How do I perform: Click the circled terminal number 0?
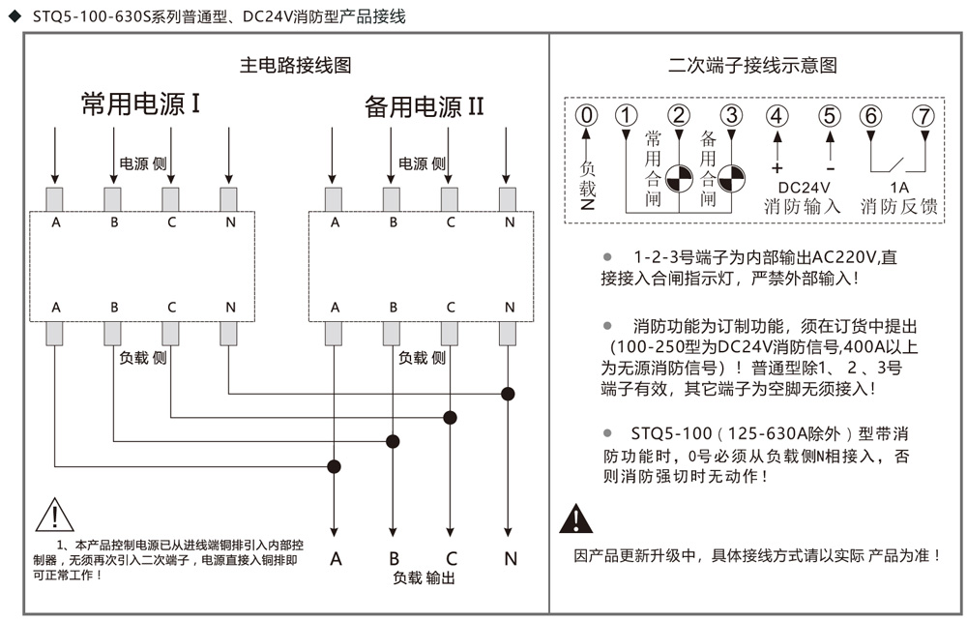[587, 115]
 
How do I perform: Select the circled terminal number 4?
[777, 115]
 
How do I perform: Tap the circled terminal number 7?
[923, 115]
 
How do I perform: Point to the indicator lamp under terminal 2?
[679, 178]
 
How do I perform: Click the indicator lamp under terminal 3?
[731, 178]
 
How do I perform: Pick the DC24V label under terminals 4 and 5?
[804, 188]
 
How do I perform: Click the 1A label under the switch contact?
[898, 188]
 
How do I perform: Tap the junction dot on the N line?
[508, 394]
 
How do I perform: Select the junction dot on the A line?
[334, 466]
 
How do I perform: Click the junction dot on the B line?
[393, 441]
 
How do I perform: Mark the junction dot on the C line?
[451, 418]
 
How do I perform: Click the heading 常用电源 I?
[140, 103]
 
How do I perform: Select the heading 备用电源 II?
[425, 106]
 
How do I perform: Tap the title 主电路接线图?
[295, 65]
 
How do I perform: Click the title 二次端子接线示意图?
[752, 65]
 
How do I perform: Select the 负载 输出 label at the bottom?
[424, 577]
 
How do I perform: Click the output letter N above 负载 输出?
[511, 559]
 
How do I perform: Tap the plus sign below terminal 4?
[777, 167]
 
